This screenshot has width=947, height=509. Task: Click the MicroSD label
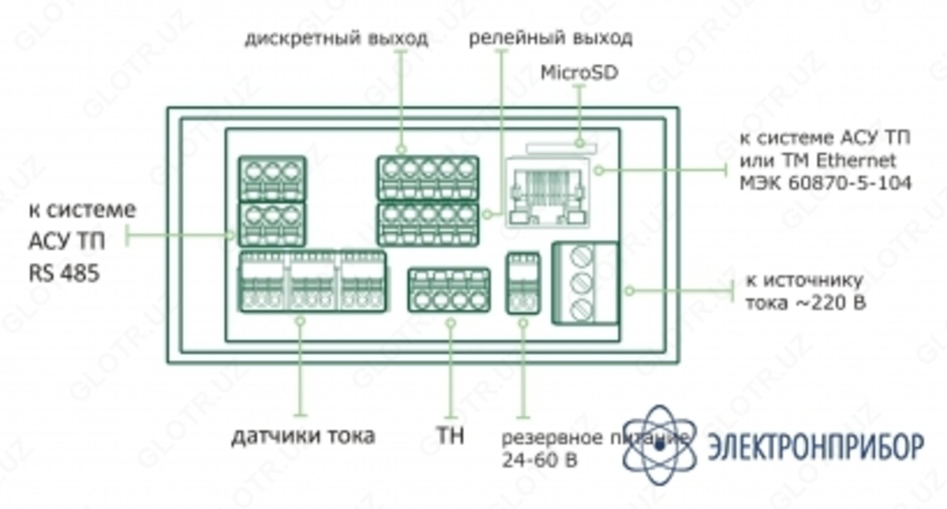click(x=579, y=73)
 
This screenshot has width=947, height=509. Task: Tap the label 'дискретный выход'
click(x=336, y=39)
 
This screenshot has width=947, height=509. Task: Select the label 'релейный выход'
click(x=551, y=38)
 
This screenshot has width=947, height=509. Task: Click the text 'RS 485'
click(x=64, y=273)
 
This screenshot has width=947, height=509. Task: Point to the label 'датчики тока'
click(x=303, y=436)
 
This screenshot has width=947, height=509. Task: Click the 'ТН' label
click(x=451, y=436)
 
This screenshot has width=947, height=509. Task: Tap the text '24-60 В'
click(x=539, y=460)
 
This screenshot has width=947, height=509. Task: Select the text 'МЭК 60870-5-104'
click(x=825, y=183)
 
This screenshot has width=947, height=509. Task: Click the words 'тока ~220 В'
click(x=806, y=303)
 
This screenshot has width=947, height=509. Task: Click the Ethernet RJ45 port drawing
click(x=548, y=192)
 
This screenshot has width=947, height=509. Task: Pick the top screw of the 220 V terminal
click(x=581, y=256)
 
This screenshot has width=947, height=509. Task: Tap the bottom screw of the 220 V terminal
click(x=581, y=309)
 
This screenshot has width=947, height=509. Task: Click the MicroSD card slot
click(x=561, y=148)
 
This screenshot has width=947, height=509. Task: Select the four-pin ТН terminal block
click(x=449, y=290)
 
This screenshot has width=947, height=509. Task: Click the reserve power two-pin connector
click(x=523, y=283)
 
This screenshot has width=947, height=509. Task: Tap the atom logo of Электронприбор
click(x=659, y=445)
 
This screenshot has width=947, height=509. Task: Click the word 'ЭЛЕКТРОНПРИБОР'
click(x=816, y=447)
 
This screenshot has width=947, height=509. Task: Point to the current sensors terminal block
click(x=313, y=282)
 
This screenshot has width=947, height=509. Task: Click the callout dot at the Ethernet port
click(x=599, y=170)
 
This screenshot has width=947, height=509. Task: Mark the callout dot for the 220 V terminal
click(x=630, y=290)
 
